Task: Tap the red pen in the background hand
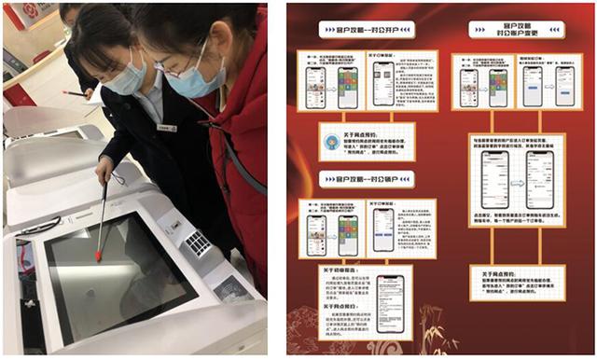pyautogui.click(x=74, y=93)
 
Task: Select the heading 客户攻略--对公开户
pyautogui.click(x=354, y=30)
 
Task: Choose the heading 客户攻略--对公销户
pyautogui.click(x=354, y=178)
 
